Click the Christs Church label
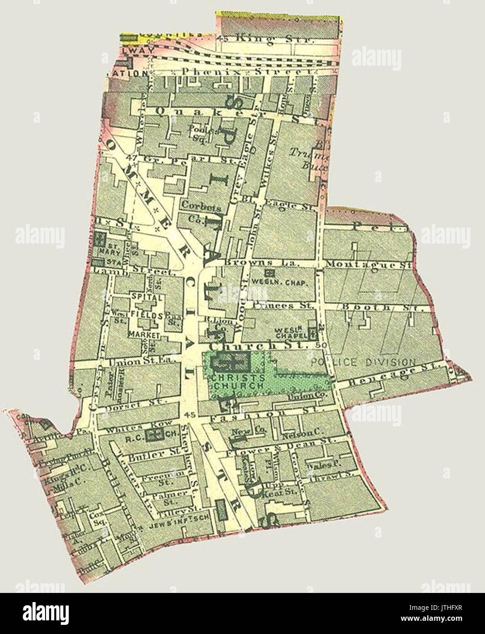(x=237, y=381)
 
